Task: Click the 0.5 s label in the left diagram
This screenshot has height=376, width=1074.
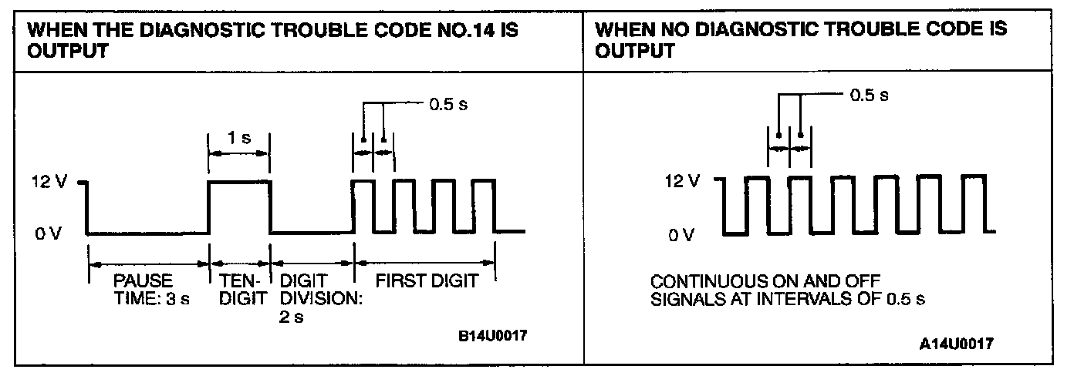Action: [447, 103]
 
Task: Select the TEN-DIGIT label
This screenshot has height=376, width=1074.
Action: [240, 288]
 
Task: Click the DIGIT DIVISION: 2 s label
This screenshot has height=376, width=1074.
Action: [313, 297]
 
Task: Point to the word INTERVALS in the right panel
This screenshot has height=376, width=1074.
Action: [778, 297]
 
